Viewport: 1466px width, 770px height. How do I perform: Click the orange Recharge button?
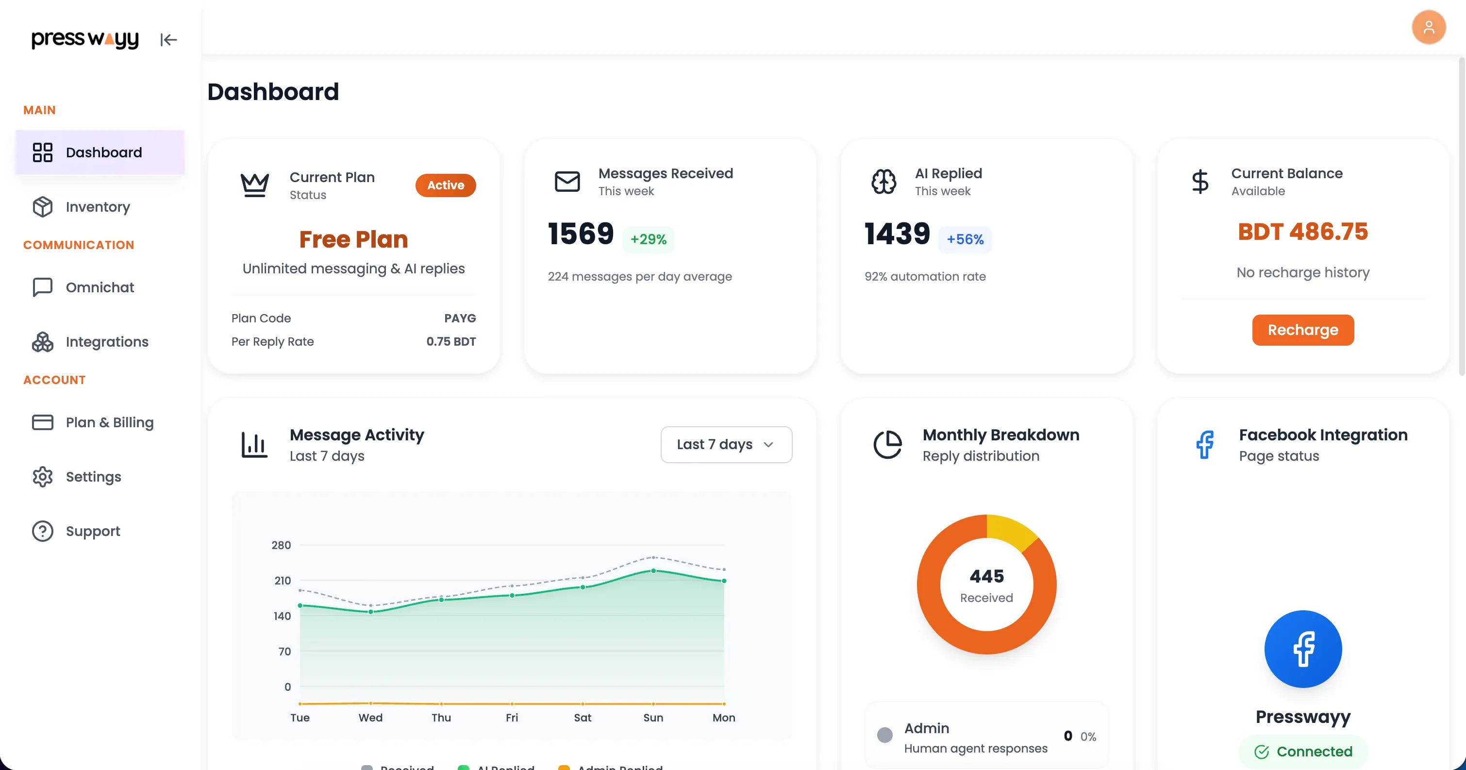click(1303, 330)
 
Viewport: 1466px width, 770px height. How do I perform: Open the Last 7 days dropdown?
click(726, 444)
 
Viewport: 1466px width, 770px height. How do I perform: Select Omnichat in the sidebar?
click(100, 287)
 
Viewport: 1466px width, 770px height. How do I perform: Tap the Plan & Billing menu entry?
click(109, 422)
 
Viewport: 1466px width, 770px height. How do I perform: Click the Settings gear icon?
click(43, 477)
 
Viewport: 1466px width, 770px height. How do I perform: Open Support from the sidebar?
click(93, 531)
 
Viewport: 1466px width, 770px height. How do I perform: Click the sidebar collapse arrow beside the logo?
click(168, 40)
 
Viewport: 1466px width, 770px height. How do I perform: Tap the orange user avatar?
click(1429, 27)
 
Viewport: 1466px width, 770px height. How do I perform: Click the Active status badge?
click(446, 185)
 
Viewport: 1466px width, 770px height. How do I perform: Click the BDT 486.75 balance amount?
click(1303, 232)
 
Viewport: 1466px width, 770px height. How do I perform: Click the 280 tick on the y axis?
click(281, 545)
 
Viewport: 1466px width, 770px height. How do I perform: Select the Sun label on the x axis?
click(653, 718)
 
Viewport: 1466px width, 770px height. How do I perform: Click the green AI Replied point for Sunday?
click(653, 571)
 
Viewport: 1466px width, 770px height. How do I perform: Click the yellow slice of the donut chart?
click(1010, 530)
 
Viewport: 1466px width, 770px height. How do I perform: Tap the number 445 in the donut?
click(987, 576)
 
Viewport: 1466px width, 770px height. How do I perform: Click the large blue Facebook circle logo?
click(1303, 649)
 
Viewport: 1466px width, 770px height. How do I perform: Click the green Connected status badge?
click(1303, 752)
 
